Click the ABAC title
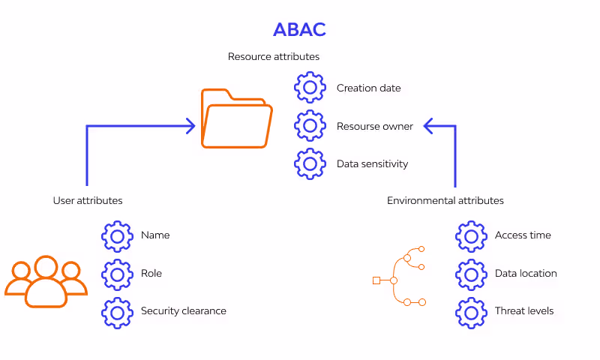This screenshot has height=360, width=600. [x=299, y=29]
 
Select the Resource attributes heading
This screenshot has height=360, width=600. [x=274, y=56]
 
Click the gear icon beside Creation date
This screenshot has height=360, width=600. [x=310, y=88]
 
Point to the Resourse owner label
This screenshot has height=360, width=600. [x=374, y=126]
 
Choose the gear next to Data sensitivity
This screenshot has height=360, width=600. [x=310, y=163]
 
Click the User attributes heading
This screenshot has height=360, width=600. [x=88, y=200]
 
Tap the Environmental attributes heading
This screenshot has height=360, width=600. [x=445, y=200]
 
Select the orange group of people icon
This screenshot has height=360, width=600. [x=46, y=281]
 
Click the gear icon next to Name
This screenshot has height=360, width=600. [x=117, y=235]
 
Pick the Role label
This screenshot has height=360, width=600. [x=151, y=273]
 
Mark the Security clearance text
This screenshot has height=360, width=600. [x=183, y=310]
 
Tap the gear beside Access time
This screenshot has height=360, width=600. [x=471, y=235]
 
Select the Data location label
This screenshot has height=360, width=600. [x=526, y=273]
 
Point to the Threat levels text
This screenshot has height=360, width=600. [x=524, y=310]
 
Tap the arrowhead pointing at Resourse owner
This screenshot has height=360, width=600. [x=429, y=126]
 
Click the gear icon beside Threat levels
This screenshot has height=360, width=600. [x=471, y=311]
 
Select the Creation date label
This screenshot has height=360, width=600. [x=368, y=88]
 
